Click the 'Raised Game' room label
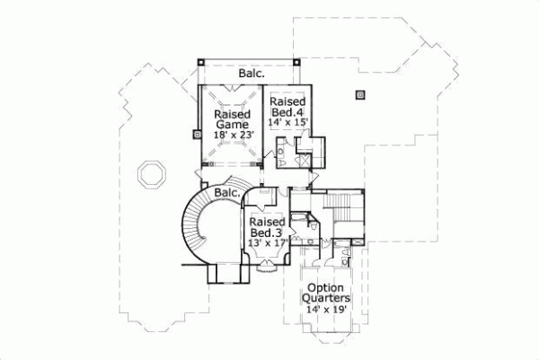pyautogui.click(x=233, y=119)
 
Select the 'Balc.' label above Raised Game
pyautogui.click(x=251, y=74)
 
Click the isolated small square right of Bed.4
pyautogui.click(x=360, y=92)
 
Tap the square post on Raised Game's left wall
pyautogui.click(x=196, y=136)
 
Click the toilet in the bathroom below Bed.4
pyautogui.click(x=282, y=154)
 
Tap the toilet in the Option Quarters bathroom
pyautogui.click(x=346, y=258)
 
